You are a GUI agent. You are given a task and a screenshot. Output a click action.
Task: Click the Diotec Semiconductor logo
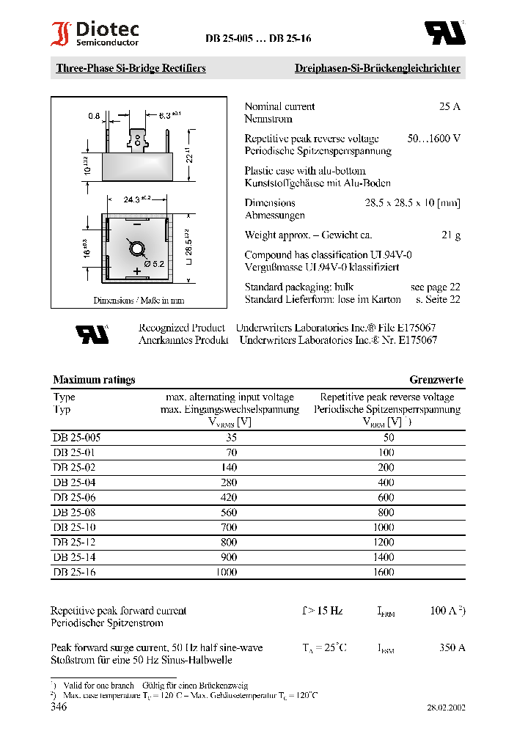click(x=95, y=34)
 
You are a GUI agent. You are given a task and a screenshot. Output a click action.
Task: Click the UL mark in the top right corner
click(x=445, y=33)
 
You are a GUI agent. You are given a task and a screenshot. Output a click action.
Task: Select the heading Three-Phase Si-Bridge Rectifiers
click(x=131, y=68)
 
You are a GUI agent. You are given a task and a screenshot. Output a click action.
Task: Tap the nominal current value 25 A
click(x=449, y=106)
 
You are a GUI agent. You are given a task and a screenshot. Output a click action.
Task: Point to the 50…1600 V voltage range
click(x=433, y=139)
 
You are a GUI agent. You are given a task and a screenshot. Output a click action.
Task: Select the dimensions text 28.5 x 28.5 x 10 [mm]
click(x=412, y=203)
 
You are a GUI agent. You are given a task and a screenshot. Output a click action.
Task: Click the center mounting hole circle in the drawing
click(x=136, y=249)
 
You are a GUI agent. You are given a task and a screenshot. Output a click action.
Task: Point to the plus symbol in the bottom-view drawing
click(x=136, y=272)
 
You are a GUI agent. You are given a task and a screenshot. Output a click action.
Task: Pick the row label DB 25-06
click(x=74, y=497)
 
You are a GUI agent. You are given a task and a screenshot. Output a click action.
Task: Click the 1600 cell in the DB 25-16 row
click(x=384, y=572)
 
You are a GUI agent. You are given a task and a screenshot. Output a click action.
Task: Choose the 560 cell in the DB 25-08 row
click(x=229, y=513)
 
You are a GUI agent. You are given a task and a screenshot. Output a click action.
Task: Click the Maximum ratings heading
click(x=94, y=380)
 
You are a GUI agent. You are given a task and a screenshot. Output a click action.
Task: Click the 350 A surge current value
click(x=452, y=647)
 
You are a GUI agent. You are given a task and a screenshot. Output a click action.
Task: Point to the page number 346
click(x=59, y=708)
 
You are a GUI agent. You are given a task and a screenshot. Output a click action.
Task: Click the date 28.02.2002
click(x=446, y=708)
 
